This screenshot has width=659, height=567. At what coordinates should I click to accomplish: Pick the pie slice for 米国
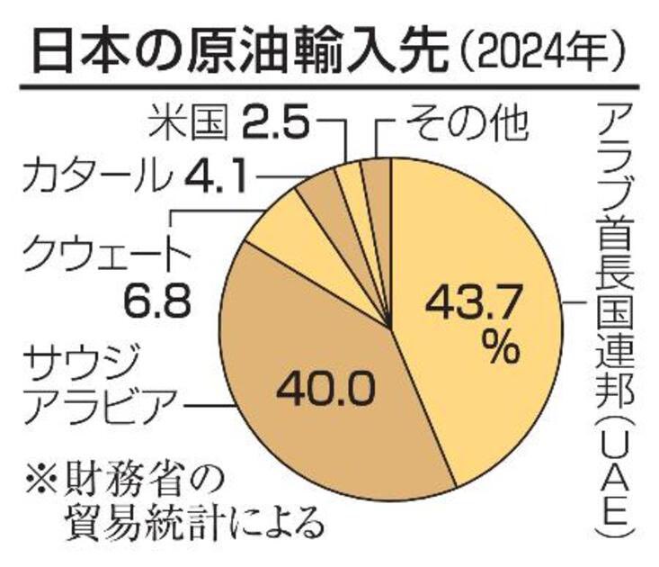pos(350,179)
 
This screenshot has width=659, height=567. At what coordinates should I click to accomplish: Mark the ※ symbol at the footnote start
pos(40,475)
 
